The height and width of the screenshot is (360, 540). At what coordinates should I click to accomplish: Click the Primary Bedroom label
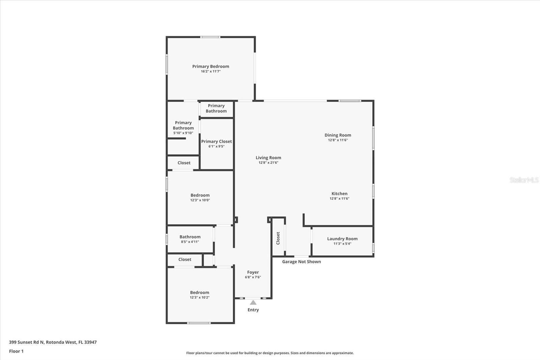point(211,66)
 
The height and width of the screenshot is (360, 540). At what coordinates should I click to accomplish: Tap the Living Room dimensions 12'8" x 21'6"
point(268,163)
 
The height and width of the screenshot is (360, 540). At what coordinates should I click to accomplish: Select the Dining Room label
point(338,135)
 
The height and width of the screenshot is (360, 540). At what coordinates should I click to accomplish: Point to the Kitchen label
point(340,194)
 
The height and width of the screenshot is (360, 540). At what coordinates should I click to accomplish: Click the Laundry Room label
point(342,239)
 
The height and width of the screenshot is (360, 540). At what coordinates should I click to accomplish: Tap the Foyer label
point(253,272)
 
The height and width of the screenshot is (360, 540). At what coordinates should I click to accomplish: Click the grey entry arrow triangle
point(253,302)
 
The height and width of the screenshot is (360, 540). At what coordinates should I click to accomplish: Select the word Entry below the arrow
point(253,310)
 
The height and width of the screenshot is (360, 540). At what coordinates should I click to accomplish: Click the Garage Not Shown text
point(301,261)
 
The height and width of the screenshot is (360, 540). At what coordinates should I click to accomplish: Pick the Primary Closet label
point(216,142)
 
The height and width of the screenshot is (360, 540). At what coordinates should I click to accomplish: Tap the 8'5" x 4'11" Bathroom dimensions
point(190,242)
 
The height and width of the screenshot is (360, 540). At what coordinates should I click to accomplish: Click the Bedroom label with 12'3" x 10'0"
point(200,195)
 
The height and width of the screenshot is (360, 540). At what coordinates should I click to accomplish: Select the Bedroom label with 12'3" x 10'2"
point(199,292)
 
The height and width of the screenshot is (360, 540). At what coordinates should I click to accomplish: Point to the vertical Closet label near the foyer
point(278,238)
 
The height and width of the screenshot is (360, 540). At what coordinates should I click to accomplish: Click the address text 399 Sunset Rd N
point(27,342)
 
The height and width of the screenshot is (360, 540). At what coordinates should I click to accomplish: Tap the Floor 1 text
point(17,351)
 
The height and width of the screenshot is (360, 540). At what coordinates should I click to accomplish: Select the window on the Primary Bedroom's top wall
point(210,37)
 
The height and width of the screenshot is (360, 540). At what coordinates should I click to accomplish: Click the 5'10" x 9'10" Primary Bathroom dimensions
point(183,133)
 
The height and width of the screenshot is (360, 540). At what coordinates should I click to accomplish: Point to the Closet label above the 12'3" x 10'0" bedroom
point(184,163)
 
